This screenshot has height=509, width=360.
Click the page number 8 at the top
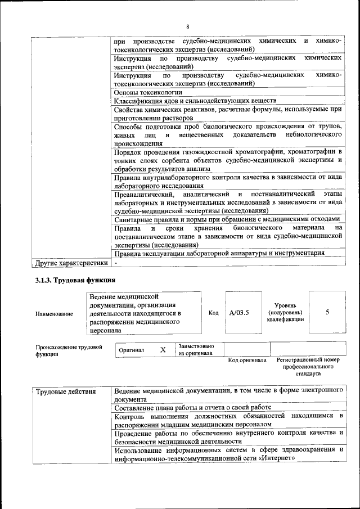(188, 26)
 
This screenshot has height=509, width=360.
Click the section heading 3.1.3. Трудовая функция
(75, 280)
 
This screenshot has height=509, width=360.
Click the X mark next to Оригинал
(163, 350)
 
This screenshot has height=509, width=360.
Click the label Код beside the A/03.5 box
(214, 313)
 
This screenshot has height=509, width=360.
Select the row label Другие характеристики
(71, 262)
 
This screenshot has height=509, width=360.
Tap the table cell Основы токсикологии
(148, 92)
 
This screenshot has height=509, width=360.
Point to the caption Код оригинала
(247, 360)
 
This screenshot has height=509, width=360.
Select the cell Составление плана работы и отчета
(192, 407)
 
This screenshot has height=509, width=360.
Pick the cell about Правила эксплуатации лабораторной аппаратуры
(219, 253)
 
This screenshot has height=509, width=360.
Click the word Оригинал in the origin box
(132, 350)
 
